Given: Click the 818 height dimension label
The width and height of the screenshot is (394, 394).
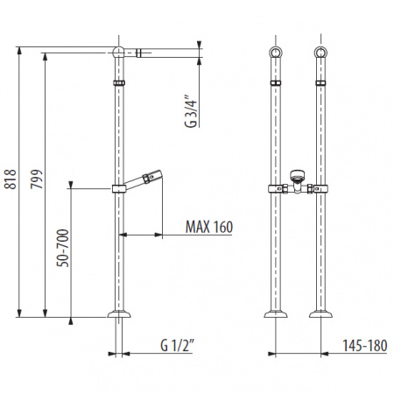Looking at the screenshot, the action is click(x=11, y=179).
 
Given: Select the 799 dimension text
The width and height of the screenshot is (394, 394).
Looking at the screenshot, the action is click(x=37, y=179).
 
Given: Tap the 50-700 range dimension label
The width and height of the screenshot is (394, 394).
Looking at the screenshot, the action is click(x=63, y=248).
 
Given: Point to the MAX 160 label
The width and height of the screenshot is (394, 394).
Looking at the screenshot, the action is click(x=209, y=227).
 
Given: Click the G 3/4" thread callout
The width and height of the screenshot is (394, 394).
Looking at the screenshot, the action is click(x=191, y=111).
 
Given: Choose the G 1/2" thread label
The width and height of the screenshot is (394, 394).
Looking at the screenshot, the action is click(x=177, y=346).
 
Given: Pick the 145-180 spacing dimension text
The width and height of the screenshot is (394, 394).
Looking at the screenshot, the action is click(x=365, y=346).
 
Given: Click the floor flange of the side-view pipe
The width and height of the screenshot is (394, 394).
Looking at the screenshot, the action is click(x=119, y=314).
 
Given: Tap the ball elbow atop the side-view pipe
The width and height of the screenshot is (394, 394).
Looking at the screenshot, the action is click(x=118, y=53).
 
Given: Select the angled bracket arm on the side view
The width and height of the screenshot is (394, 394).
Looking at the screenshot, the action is click(x=143, y=179).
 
